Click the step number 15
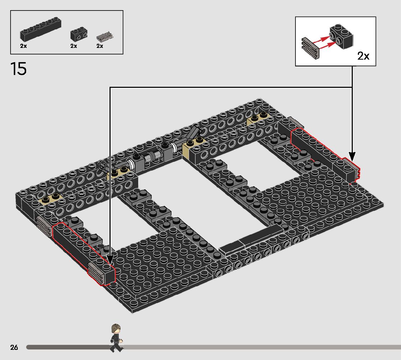(x=18, y=69)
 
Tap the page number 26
(x=14, y=347)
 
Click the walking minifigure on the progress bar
(x=116, y=338)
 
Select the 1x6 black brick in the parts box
(x=41, y=29)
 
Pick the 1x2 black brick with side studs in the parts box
(x=79, y=34)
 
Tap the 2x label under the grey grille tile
(x=100, y=46)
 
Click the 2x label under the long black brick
(x=23, y=46)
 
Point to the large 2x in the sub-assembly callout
(x=363, y=56)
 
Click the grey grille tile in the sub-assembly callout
(x=310, y=48)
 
